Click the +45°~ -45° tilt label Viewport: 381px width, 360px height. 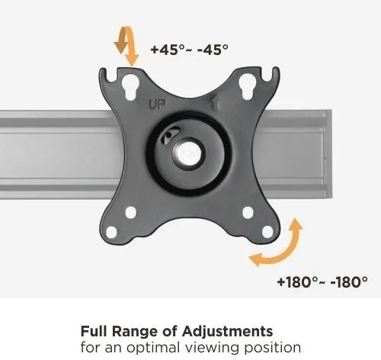point(189,50)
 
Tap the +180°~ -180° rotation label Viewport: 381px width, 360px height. point(322,281)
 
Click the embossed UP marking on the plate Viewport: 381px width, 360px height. point(157,104)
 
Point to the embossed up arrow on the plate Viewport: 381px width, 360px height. point(216,104)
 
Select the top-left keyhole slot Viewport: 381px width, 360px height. point(130,86)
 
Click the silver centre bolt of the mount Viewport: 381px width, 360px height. point(188,153)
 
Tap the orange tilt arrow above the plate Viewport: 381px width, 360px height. point(126,46)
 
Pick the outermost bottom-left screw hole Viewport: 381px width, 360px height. point(111,232)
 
